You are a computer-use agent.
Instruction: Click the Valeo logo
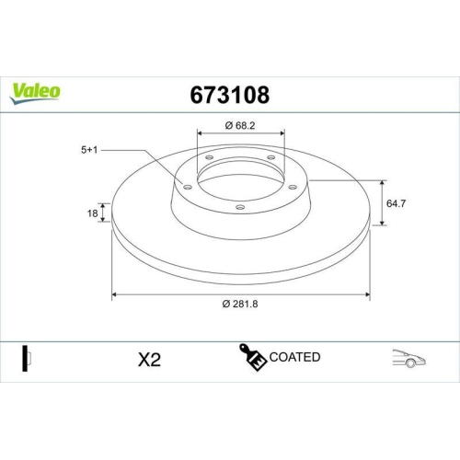[35, 90]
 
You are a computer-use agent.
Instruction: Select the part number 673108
[229, 94]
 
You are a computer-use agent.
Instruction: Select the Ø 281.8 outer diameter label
[240, 305]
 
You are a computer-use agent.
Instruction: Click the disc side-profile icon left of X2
[28, 358]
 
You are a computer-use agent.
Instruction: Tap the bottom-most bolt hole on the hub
[240, 208]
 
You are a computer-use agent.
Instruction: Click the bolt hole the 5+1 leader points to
[188, 188]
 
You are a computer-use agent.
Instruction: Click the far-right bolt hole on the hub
[293, 188]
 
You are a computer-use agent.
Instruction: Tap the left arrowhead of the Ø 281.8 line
[115, 295]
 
